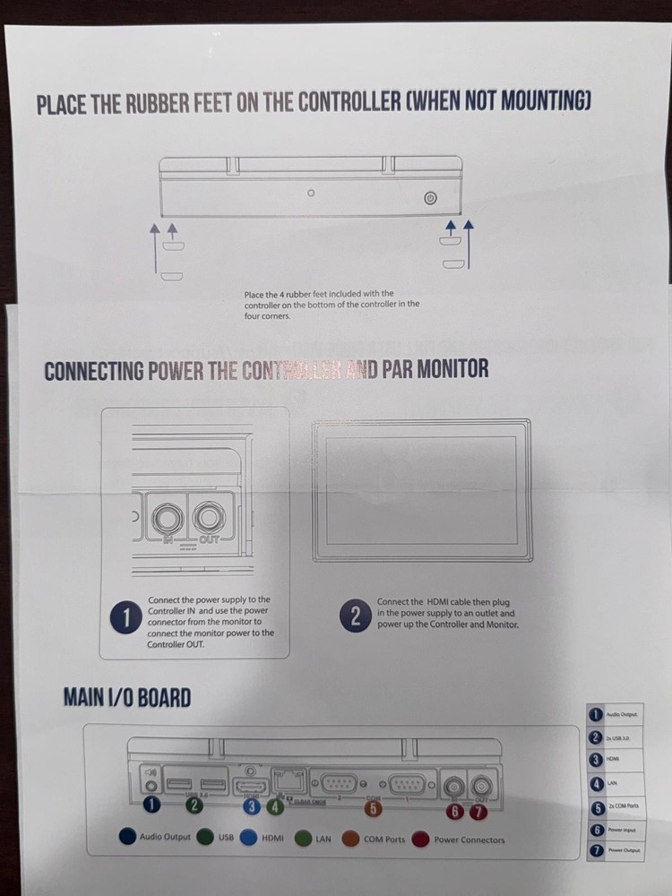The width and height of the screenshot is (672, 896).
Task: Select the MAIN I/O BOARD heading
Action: click(x=127, y=697)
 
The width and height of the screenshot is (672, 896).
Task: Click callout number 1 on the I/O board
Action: click(x=151, y=805)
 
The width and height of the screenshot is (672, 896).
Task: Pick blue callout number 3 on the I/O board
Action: click(x=253, y=806)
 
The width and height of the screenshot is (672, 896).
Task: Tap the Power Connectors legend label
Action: click(x=469, y=840)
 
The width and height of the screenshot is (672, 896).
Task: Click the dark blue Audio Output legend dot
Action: click(x=127, y=836)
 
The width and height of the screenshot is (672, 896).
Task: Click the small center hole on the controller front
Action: click(x=311, y=194)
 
